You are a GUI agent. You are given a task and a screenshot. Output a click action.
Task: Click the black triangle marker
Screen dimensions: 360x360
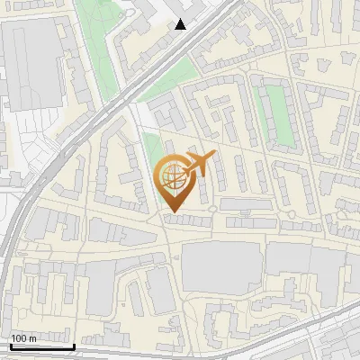click(181, 24)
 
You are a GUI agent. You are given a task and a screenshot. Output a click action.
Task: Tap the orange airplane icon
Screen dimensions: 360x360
click(200, 164)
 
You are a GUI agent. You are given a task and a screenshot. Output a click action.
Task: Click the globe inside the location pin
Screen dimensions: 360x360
click(172, 177)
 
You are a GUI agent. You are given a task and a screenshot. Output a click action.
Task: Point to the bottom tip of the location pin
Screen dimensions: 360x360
click(172, 212)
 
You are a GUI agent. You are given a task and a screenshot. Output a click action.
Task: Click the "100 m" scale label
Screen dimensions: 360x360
click(23, 338)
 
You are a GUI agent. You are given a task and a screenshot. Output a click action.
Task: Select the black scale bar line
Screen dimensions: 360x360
click(41, 346)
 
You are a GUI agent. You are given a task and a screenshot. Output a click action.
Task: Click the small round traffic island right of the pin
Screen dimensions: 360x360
click(212, 209)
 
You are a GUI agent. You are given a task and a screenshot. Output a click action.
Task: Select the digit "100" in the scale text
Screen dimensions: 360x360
click(19, 338)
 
